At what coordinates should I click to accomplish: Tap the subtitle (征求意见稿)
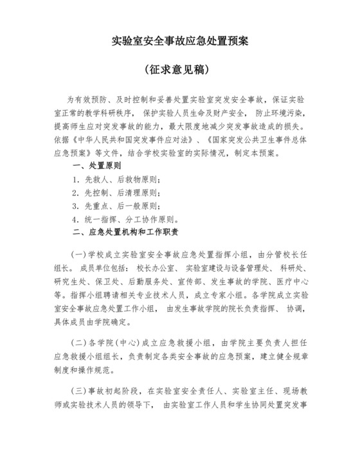coord(180,68)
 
